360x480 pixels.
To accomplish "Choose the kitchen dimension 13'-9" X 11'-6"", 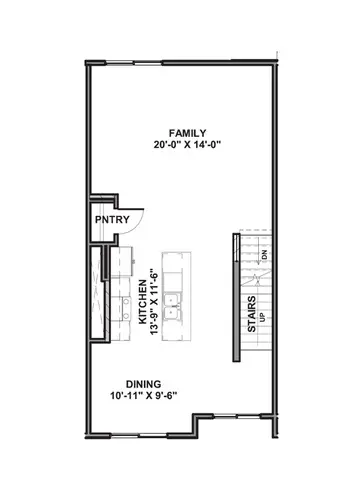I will tap(157, 297).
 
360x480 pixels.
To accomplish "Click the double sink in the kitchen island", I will tap(176, 304).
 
